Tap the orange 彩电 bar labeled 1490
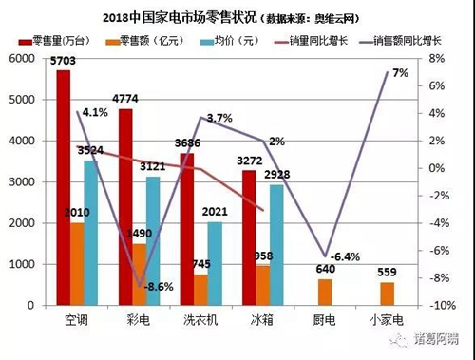[x=139, y=275]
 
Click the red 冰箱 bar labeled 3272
[x=248, y=238]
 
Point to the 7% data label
[x=400, y=73]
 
